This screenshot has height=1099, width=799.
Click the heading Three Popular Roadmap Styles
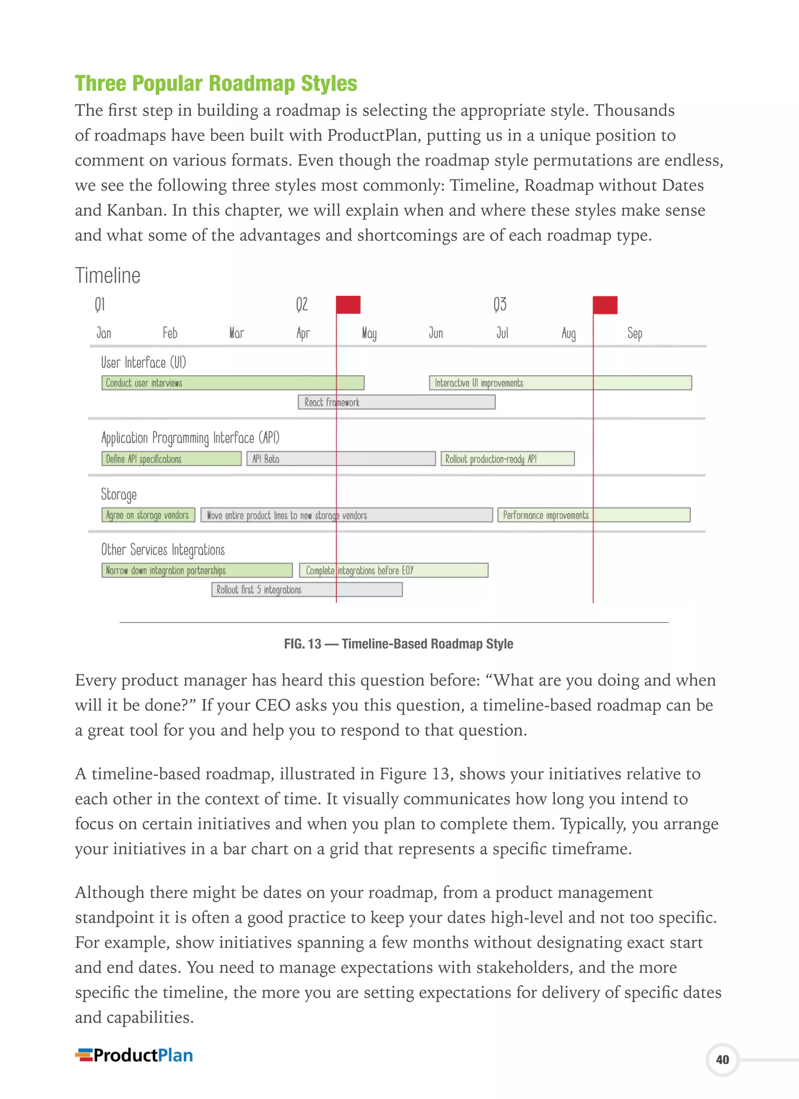click(x=216, y=84)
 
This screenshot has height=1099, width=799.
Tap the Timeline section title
click(x=108, y=275)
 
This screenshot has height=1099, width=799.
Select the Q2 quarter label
click(x=302, y=304)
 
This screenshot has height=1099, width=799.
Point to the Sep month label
click(x=634, y=333)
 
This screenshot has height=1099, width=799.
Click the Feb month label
click(x=170, y=333)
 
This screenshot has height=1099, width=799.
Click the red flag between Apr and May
click(x=348, y=305)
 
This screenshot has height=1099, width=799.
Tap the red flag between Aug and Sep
click(x=605, y=305)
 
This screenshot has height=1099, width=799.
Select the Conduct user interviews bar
click(x=233, y=383)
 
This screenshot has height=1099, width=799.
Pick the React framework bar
click(x=396, y=402)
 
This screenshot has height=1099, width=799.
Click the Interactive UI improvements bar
click(x=560, y=383)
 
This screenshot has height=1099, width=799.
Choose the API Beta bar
click(x=341, y=459)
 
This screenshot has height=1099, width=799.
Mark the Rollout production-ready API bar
click(x=507, y=459)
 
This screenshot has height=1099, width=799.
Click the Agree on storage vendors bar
click(x=148, y=515)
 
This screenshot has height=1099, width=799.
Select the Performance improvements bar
click(x=593, y=515)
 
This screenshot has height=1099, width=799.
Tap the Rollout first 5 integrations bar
click(x=307, y=590)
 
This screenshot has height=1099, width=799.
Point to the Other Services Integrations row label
click(x=163, y=550)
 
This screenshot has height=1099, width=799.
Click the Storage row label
click(x=119, y=494)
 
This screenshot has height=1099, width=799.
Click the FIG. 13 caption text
click(x=398, y=644)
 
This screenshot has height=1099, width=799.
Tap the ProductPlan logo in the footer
click(x=134, y=1055)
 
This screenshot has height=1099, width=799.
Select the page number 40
click(x=722, y=1060)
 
